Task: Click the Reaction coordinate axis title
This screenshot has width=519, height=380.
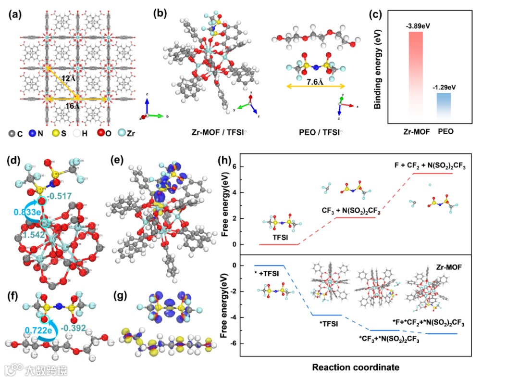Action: pos(356,367)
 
